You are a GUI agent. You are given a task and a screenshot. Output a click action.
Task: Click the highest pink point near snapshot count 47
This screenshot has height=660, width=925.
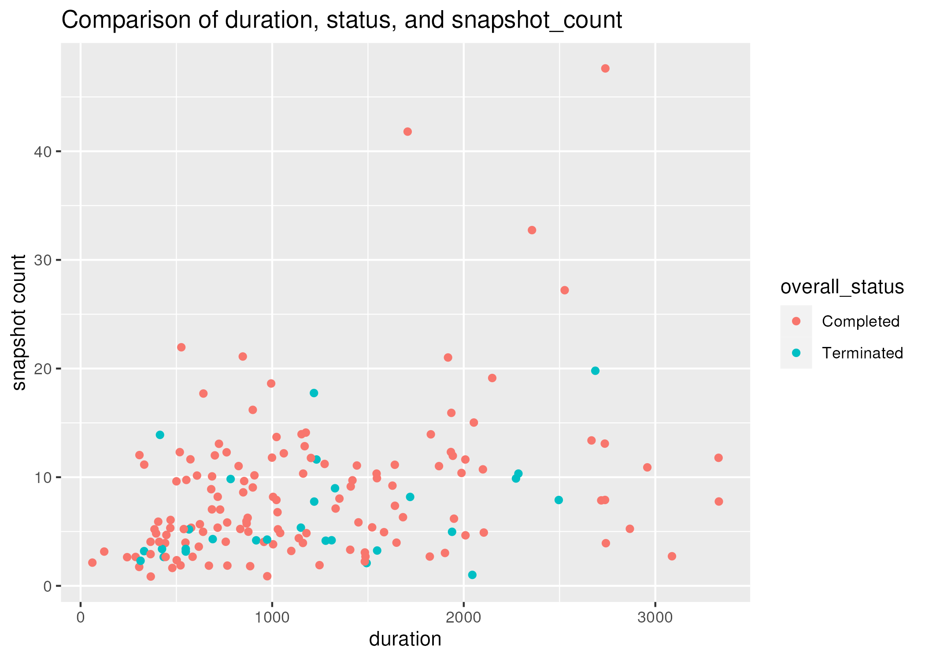coord(605,68)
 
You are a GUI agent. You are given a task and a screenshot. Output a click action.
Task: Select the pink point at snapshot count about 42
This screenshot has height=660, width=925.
coord(407,132)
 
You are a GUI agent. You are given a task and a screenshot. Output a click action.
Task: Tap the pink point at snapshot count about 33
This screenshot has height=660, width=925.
coord(532,230)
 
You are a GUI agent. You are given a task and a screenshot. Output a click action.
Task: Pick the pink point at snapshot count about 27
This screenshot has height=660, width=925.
coord(564,290)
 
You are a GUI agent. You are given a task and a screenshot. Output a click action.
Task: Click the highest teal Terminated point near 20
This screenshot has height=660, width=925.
coord(595,371)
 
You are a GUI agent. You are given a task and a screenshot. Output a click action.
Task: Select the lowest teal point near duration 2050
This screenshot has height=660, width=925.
coord(472,575)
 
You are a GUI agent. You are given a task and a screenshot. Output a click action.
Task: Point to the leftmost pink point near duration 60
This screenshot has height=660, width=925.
coord(92,562)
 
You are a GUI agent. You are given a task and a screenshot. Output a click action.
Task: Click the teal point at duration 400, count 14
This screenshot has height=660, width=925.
coord(160,435)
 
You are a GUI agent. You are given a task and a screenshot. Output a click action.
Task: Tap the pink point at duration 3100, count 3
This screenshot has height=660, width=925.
coord(672,556)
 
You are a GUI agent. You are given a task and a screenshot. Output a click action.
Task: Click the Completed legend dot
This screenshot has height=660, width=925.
coord(796,321)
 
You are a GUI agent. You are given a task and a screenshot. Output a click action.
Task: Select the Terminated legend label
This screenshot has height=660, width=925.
coord(862,353)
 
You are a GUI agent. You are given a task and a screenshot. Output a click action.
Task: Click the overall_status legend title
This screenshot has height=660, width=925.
coord(842,287)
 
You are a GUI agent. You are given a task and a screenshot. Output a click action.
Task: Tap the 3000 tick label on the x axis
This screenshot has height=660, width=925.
coord(655,617)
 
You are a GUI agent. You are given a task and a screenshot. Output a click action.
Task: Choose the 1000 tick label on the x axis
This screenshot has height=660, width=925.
coord(272,617)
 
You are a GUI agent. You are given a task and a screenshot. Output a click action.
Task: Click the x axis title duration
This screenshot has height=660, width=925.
coord(405,639)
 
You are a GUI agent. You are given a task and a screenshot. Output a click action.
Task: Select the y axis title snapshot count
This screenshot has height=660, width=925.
coord(19,322)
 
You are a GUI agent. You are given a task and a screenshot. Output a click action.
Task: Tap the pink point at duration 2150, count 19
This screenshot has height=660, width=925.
coord(492,378)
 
